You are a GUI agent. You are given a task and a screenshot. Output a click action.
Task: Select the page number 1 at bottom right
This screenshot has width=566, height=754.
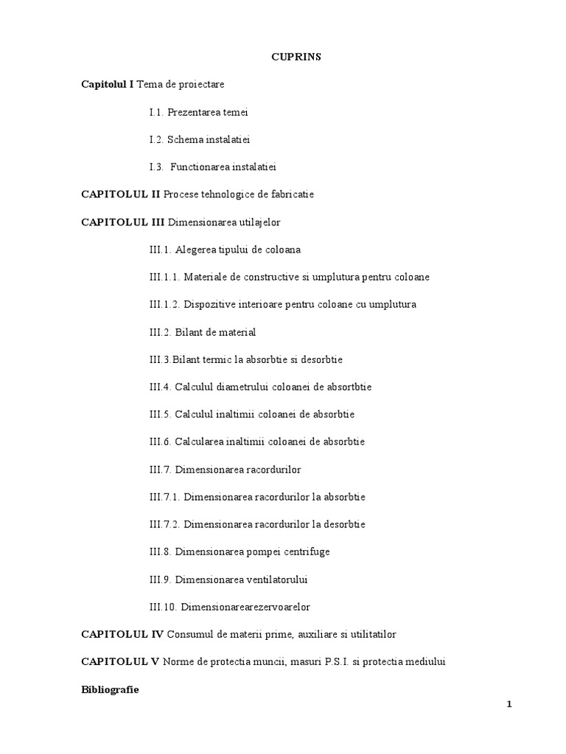point(509,705)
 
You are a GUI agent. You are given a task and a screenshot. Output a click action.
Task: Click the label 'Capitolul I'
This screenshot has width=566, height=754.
point(108,85)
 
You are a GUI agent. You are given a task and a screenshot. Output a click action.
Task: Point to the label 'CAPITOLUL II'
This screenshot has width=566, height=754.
point(120,194)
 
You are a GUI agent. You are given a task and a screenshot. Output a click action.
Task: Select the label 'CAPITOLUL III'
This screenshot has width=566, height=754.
point(122,222)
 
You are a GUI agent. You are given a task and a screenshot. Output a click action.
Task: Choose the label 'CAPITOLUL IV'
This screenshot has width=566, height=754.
point(122,634)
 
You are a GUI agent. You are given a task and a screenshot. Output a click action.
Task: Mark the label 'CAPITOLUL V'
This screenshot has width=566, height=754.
point(119,661)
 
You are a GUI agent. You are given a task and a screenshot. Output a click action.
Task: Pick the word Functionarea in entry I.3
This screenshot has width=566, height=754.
point(201,167)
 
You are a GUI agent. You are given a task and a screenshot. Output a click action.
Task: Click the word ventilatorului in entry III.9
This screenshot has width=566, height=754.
point(271,579)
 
